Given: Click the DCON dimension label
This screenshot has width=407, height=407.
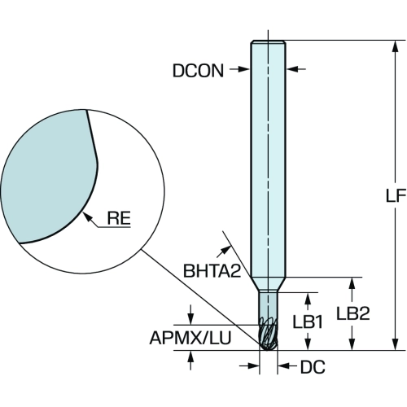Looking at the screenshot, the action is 198,71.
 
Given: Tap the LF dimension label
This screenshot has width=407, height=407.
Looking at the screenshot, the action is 396,195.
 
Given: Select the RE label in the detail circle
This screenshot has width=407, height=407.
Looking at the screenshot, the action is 119,218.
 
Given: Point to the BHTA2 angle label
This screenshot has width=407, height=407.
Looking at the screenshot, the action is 212,270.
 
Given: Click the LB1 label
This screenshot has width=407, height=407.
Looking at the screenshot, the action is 308,322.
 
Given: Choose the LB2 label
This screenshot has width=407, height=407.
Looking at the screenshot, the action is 353,313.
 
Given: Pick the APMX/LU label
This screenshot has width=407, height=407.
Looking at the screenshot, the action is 190,338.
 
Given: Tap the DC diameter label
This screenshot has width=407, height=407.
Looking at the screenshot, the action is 313,367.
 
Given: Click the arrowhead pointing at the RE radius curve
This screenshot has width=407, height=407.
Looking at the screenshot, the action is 87,217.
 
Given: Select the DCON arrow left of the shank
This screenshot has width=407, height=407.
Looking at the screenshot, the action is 239,69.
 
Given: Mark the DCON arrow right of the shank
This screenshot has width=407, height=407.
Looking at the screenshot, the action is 295,69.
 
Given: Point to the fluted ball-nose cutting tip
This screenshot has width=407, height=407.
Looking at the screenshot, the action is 268,334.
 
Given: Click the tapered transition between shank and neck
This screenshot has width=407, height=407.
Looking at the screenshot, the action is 268,284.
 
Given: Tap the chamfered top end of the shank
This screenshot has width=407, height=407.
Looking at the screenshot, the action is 268,42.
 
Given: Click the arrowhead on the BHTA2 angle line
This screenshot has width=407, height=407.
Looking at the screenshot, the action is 226,249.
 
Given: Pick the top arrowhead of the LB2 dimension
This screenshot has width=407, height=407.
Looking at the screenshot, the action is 352,283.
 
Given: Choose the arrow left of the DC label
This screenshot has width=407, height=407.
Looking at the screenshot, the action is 249,366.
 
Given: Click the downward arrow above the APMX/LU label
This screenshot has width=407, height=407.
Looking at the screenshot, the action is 190,315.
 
